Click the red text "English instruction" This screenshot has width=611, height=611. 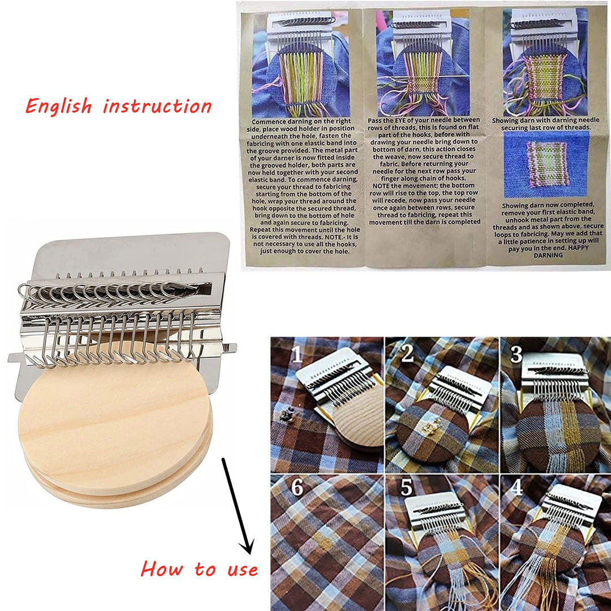[119, 106]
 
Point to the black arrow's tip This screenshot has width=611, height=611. [247, 552]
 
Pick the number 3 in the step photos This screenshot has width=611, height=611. [515, 354]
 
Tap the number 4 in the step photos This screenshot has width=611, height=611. [516, 488]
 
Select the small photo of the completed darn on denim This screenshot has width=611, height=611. [544, 164]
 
